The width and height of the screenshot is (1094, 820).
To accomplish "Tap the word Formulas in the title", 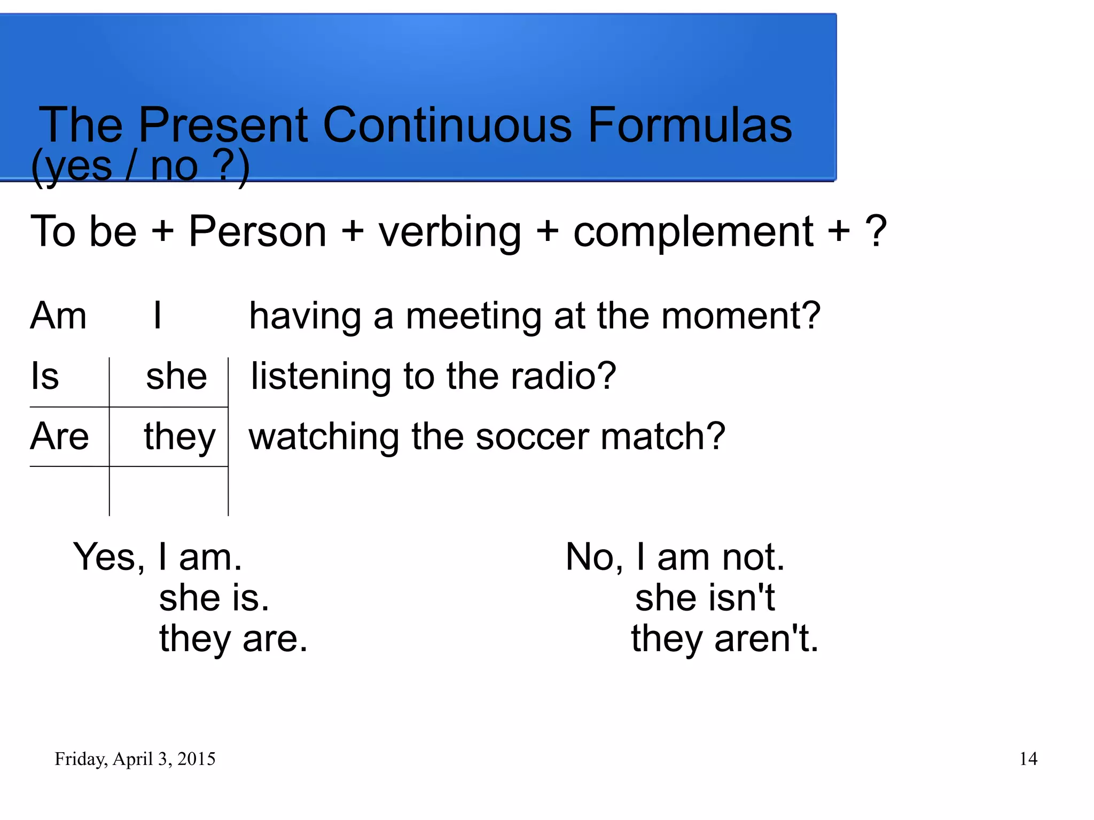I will click(x=690, y=125).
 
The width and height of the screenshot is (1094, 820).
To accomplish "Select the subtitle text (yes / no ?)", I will click(x=140, y=166).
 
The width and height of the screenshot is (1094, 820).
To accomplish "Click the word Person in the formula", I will click(x=257, y=231).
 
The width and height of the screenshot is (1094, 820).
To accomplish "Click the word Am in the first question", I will click(x=58, y=316).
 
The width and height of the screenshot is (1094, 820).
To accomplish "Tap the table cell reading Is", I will click(x=45, y=376).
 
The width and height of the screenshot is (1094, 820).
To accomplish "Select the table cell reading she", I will click(x=176, y=376).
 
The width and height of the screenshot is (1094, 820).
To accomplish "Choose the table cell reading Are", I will click(x=59, y=436).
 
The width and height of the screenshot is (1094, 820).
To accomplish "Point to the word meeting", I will click(x=473, y=317).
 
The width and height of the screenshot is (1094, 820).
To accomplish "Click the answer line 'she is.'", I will click(x=214, y=598).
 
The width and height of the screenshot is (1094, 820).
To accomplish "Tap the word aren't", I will click(x=766, y=639).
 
